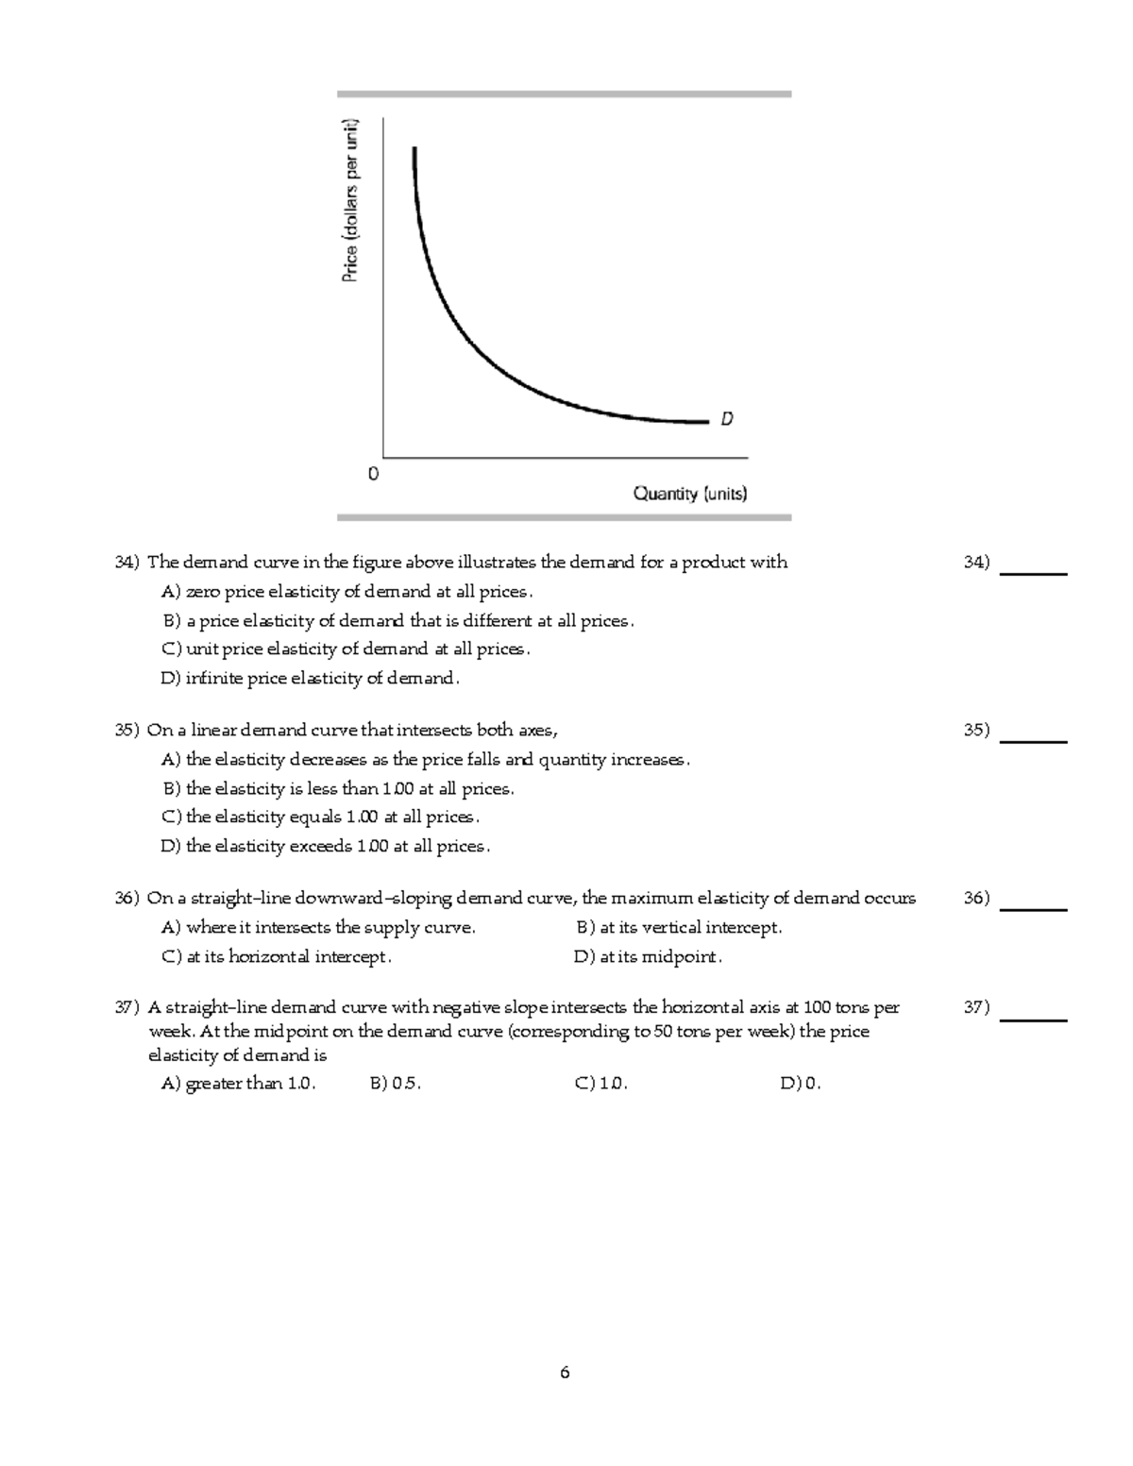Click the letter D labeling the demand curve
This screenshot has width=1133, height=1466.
pyautogui.click(x=727, y=418)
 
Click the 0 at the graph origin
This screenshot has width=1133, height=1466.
pyautogui.click(x=373, y=474)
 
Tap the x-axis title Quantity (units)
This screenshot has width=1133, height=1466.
pyautogui.click(x=689, y=494)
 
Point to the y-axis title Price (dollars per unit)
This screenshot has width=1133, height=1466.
pyautogui.click(x=350, y=200)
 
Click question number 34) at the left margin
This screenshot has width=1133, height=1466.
pyautogui.click(x=127, y=563)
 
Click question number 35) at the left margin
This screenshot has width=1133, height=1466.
pyautogui.click(x=127, y=730)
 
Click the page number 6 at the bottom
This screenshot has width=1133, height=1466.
pyautogui.click(x=565, y=1373)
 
